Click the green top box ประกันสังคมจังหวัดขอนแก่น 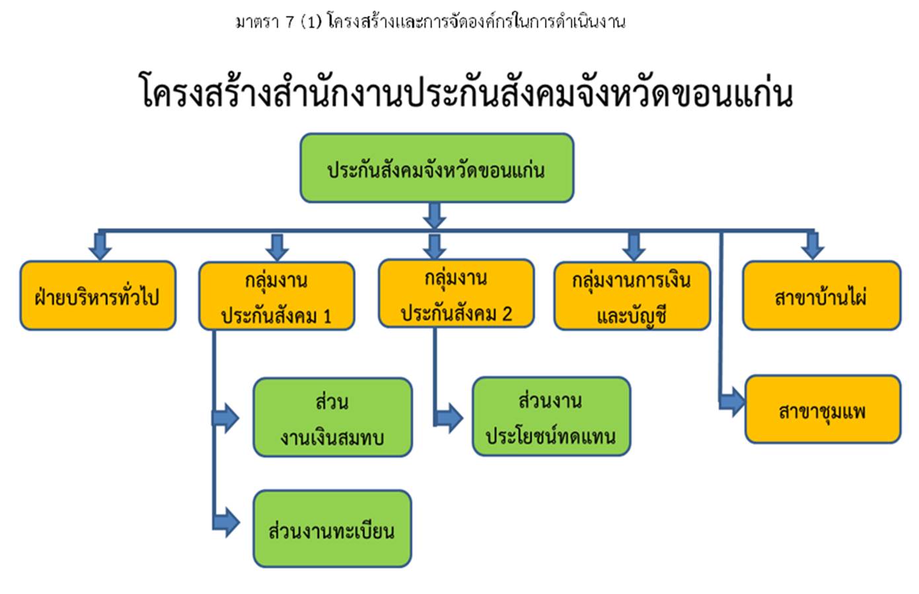(x=437, y=168)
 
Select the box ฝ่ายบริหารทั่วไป (x=98, y=295)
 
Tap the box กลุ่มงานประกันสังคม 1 (x=277, y=296)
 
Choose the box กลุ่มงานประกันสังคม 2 (x=457, y=293)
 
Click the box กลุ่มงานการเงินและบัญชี (x=632, y=296)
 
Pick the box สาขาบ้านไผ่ (x=822, y=295)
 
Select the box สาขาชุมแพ (x=823, y=410)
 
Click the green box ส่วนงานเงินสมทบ (x=333, y=417)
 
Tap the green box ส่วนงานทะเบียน (x=332, y=529)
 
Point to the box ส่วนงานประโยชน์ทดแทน (x=552, y=416)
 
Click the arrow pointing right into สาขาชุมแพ (x=732, y=402)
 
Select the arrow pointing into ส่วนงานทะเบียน (x=226, y=523)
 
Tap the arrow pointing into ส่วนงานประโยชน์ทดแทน (x=449, y=418)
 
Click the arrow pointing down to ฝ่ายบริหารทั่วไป (x=100, y=246)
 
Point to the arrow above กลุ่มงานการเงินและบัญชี (x=634, y=247)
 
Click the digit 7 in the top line (x=290, y=22)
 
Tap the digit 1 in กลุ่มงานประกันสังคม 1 (x=327, y=316)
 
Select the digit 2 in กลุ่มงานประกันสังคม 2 (x=507, y=314)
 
